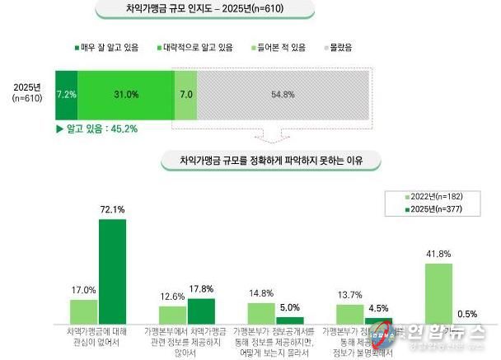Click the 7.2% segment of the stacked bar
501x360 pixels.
tap(66, 95)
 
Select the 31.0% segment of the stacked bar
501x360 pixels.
tap(125, 95)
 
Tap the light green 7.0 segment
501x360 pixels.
tap(186, 95)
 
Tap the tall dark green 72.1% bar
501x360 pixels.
tap(112, 272)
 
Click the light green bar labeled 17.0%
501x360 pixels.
tap(83, 311)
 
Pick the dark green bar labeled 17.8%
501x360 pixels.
tap(201, 311)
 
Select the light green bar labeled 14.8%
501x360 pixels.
tap(261, 313)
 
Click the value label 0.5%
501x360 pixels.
tap(468, 314)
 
